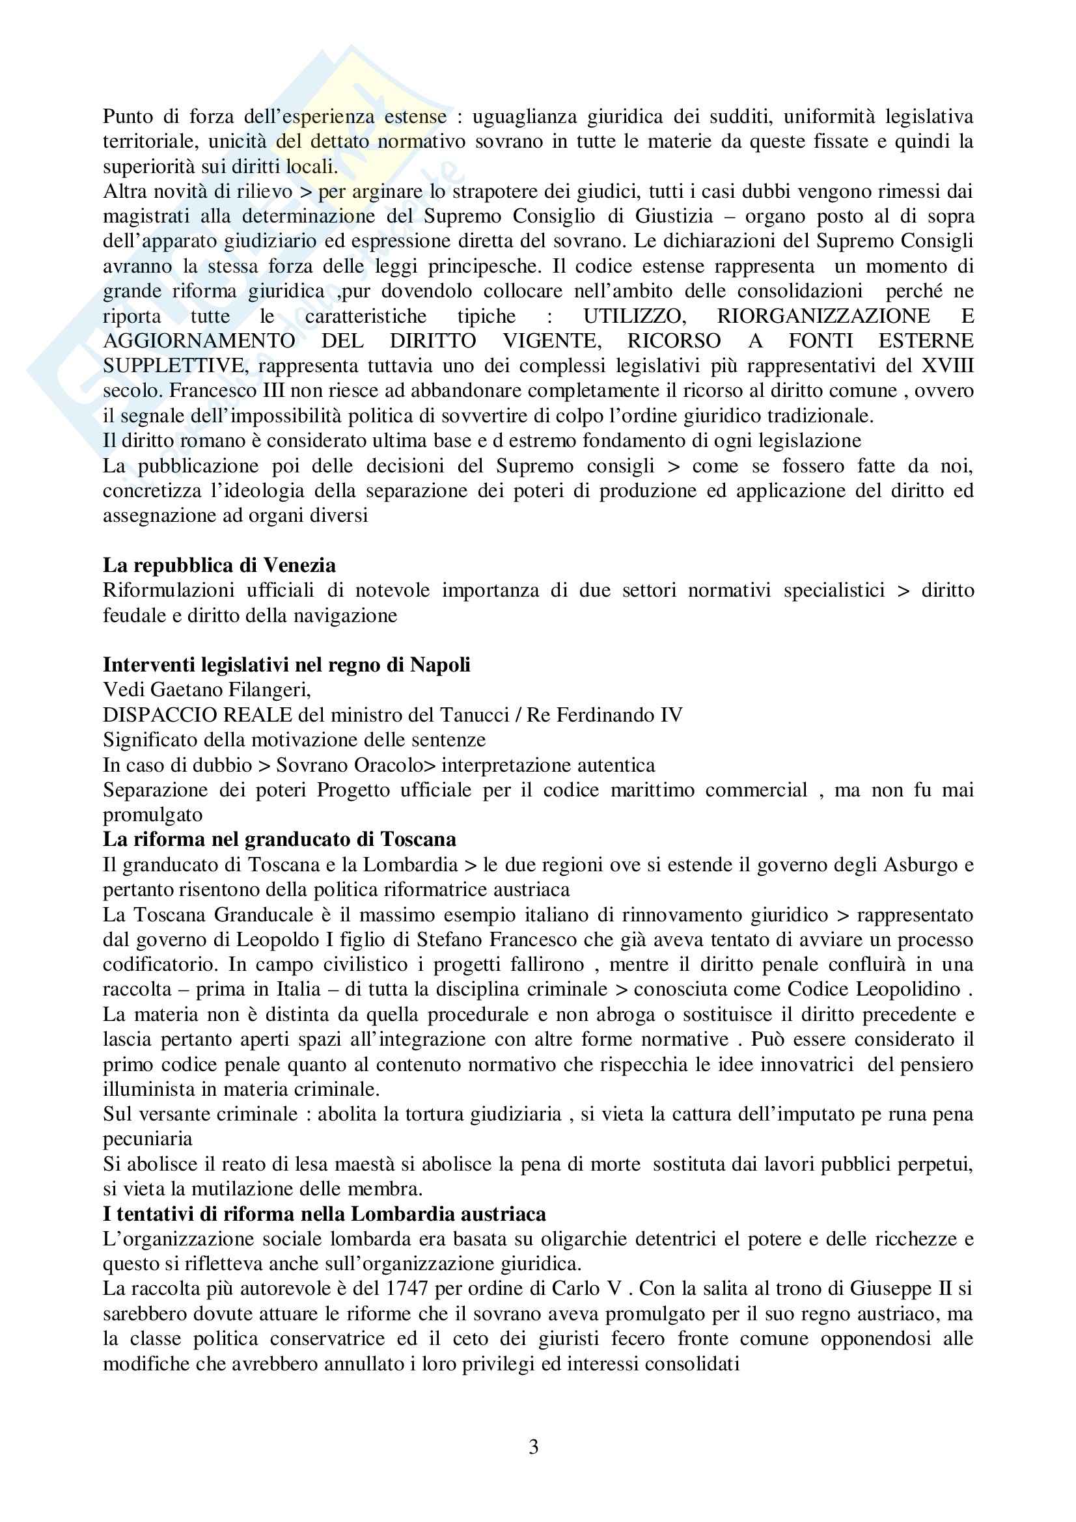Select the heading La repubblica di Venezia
point(219,565)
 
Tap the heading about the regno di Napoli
point(286,665)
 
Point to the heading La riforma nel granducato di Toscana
point(279,840)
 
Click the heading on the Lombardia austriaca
point(324,1214)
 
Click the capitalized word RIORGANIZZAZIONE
point(823,316)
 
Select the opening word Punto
point(128,116)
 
